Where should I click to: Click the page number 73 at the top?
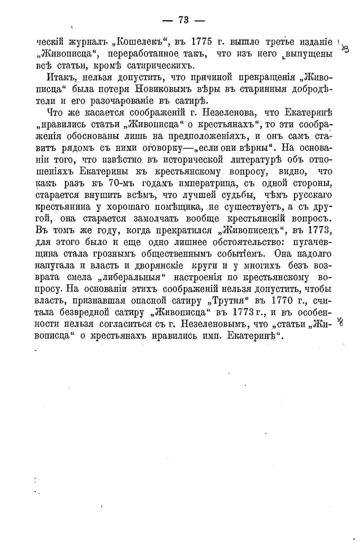click(x=183, y=20)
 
